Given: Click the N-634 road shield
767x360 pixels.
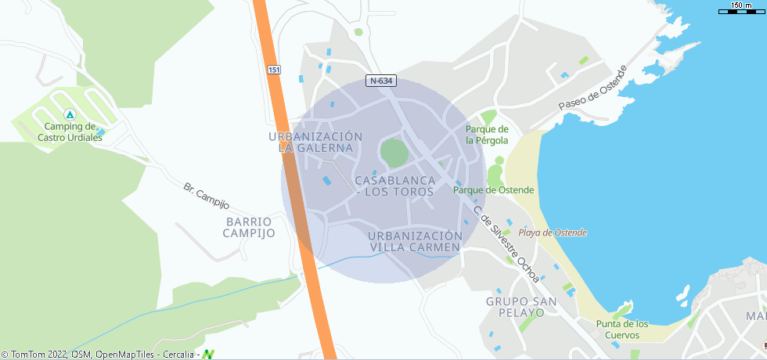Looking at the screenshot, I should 381,81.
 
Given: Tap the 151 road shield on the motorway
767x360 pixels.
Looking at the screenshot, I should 273,70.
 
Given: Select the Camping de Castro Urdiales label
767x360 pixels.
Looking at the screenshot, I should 70,131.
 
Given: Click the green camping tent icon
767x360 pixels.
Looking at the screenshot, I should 70,114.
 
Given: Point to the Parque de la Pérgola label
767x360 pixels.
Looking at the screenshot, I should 487,135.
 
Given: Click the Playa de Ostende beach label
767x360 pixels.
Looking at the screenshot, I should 553,232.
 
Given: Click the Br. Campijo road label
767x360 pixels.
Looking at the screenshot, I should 206,196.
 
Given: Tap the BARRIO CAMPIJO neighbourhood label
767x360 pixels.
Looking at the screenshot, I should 249,227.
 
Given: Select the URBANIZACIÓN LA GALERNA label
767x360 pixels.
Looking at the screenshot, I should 315,142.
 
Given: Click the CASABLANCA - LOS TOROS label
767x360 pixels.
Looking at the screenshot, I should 394,185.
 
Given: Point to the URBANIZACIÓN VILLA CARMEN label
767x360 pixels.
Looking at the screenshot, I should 415,242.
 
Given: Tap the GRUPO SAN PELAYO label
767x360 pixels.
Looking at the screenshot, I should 520,307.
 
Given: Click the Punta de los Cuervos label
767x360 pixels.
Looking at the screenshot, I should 622,329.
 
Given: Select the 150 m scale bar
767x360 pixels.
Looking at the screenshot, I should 740,8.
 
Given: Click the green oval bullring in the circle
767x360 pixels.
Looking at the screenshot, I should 394,152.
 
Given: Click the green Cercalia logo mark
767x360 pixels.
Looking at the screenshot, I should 208,355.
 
